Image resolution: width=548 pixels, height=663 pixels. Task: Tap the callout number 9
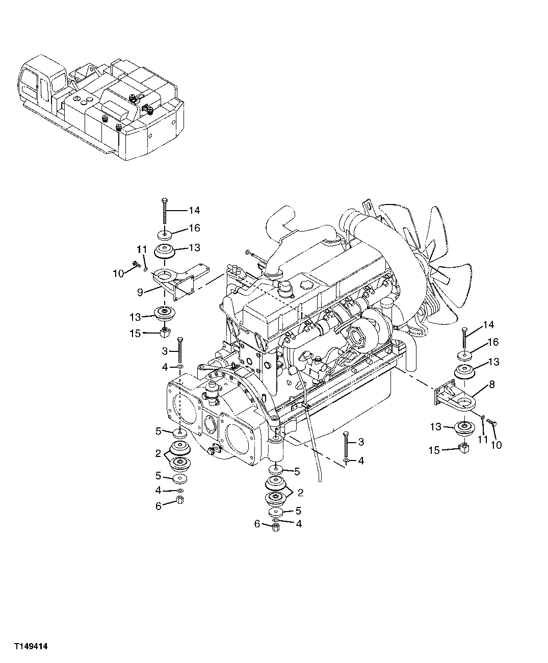coord(139,292)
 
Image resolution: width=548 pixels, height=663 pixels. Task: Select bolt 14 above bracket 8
coord(464,337)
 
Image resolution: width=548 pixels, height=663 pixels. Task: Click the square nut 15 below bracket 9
coord(165,334)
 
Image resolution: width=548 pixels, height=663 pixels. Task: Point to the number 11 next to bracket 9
coord(142,249)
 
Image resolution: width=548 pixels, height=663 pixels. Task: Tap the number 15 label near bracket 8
coord(434,450)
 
